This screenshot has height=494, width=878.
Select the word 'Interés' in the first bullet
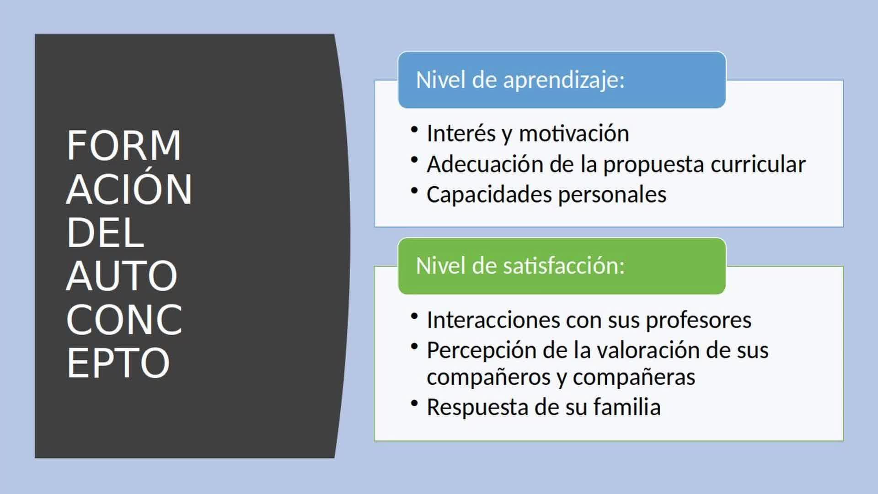tap(461, 134)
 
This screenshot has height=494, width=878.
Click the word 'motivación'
tap(574, 134)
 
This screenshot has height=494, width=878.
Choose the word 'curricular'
tap(758, 164)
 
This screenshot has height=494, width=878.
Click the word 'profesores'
tap(698, 320)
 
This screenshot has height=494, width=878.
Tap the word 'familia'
tap(627, 407)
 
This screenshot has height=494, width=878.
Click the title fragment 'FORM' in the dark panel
tap(124, 145)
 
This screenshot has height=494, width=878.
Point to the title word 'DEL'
tap(106, 232)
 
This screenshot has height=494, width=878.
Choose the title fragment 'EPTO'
tap(118, 363)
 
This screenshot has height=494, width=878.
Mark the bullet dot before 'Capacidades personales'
tap(414, 190)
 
